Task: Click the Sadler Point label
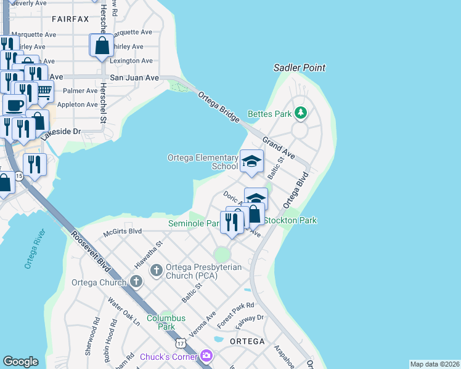pyautogui.click(x=300, y=68)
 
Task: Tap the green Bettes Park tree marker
pyautogui.click(x=300, y=113)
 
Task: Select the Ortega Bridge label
pyautogui.click(x=218, y=107)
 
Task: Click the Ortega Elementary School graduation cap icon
pyautogui.click(x=251, y=162)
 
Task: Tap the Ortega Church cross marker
pyautogui.click(x=136, y=283)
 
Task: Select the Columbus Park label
pyautogui.click(x=166, y=322)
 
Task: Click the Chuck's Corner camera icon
pyautogui.click(x=206, y=356)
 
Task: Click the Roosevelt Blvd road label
pyautogui.click(x=90, y=252)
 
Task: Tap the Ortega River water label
pyautogui.click(x=33, y=249)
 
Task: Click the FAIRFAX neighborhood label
pyautogui.click(x=70, y=19)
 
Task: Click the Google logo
pyautogui.click(x=20, y=362)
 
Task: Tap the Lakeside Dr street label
pyautogui.click(x=62, y=132)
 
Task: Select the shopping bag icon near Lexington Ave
pyautogui.click(x=102, y=46)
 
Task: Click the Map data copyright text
pyautogui.click(x=434, y=364)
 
